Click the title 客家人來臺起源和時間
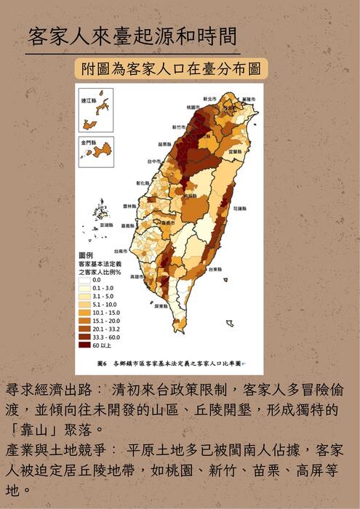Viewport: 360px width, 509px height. [x=132, y=36]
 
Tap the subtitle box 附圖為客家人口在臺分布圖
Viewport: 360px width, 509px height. [x=171, y=70]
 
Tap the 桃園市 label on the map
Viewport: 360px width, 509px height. [x=193, y=107]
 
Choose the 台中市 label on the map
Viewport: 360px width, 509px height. [x=153, y=161]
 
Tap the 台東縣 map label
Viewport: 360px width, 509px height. [x=215, y=268]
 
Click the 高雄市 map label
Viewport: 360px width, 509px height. [x=135, y=276]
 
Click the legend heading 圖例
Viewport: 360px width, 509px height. [x=85, y=255]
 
